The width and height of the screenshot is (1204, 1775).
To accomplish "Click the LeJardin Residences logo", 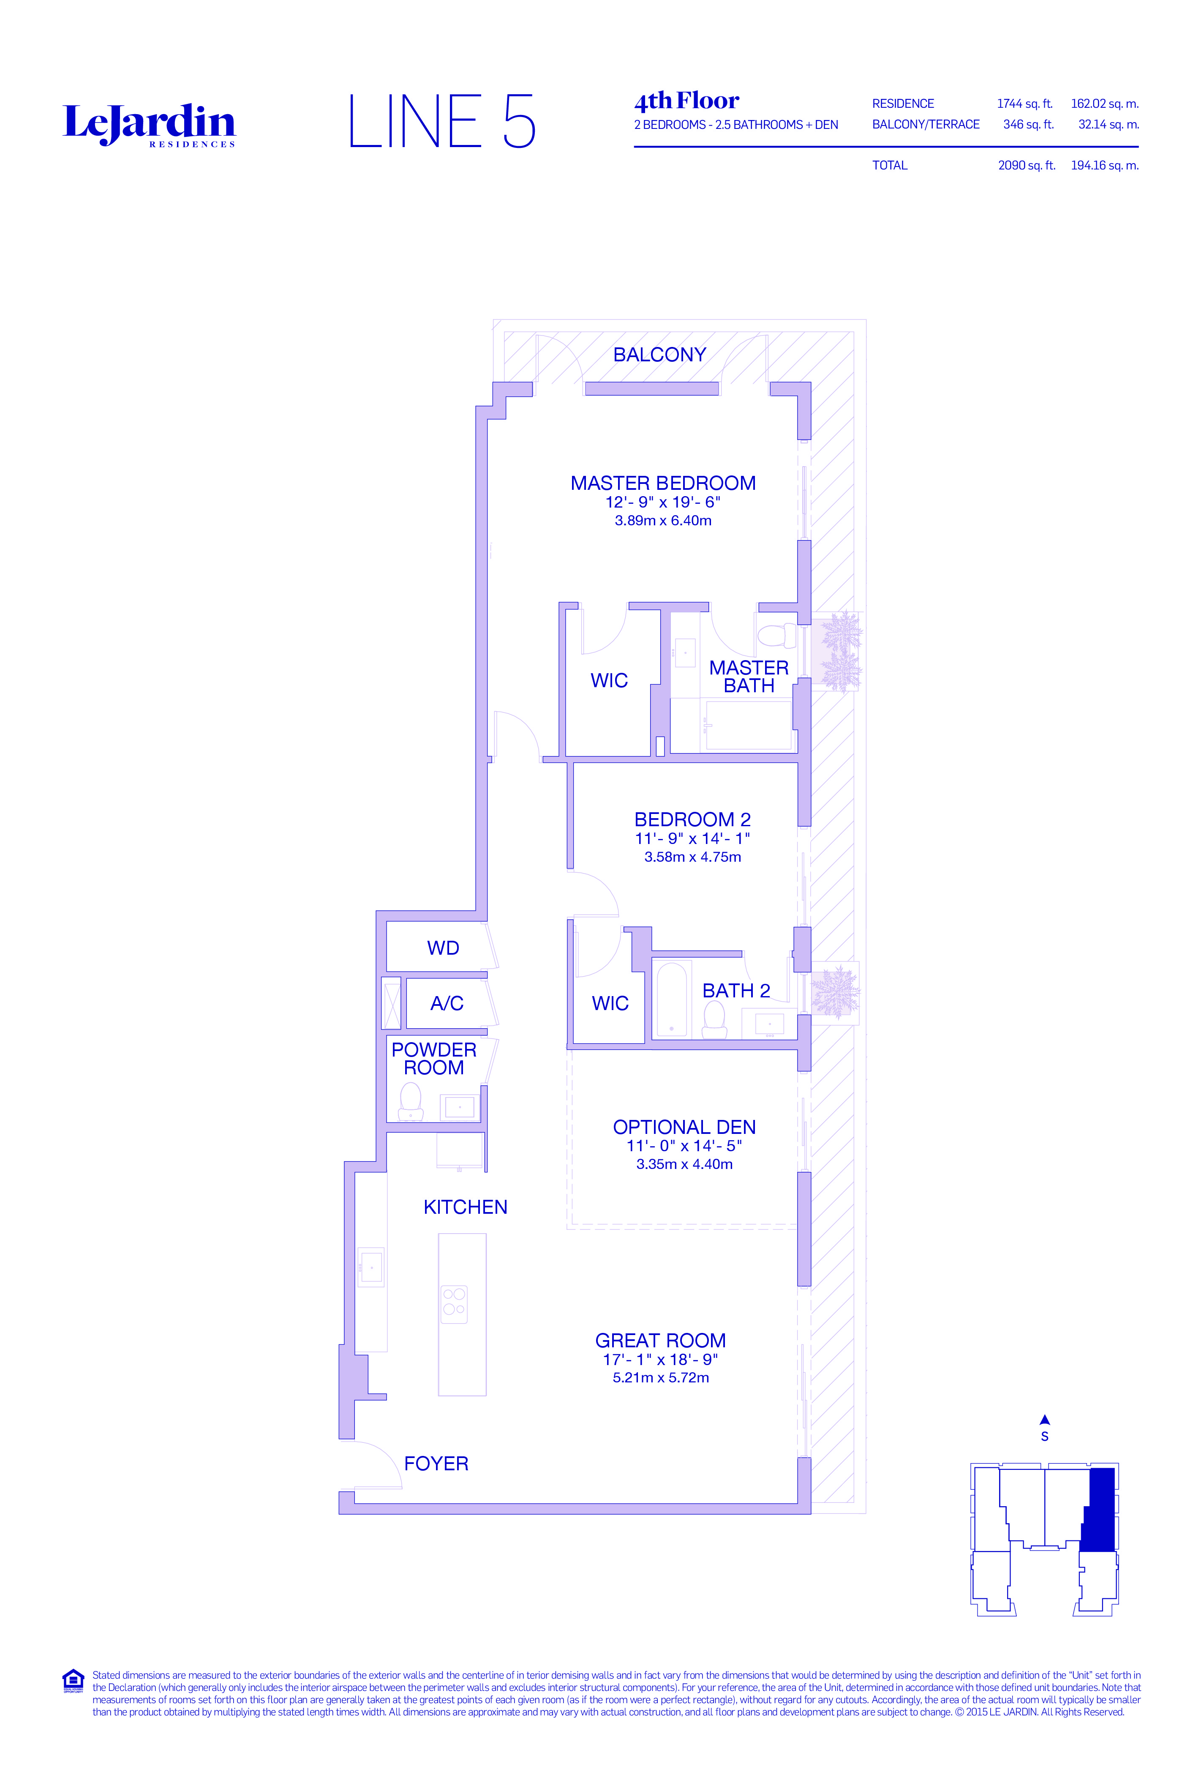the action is (149, 125).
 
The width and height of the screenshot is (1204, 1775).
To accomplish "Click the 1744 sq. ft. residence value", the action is (1024, 104).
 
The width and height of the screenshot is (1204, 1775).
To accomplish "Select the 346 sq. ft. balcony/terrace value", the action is (1028, 125).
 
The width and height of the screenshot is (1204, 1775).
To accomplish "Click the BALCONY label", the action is (659, 355).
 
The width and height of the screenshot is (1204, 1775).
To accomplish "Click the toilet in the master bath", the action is (776, 636).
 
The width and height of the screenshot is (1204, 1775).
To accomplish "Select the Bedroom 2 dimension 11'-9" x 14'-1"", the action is (692, 838).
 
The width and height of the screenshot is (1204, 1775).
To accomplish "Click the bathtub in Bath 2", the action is (671, 1000).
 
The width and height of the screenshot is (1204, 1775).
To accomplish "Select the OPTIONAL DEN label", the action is (684, 1127).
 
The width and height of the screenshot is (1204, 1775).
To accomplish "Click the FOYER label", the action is (436, 1464).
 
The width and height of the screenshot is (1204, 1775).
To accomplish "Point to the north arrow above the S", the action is (1044, 1420).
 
